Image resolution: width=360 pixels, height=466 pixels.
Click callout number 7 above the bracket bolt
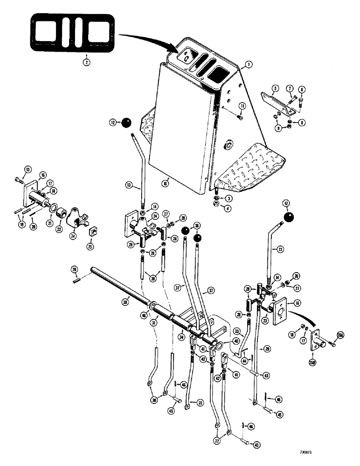(289, 89)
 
